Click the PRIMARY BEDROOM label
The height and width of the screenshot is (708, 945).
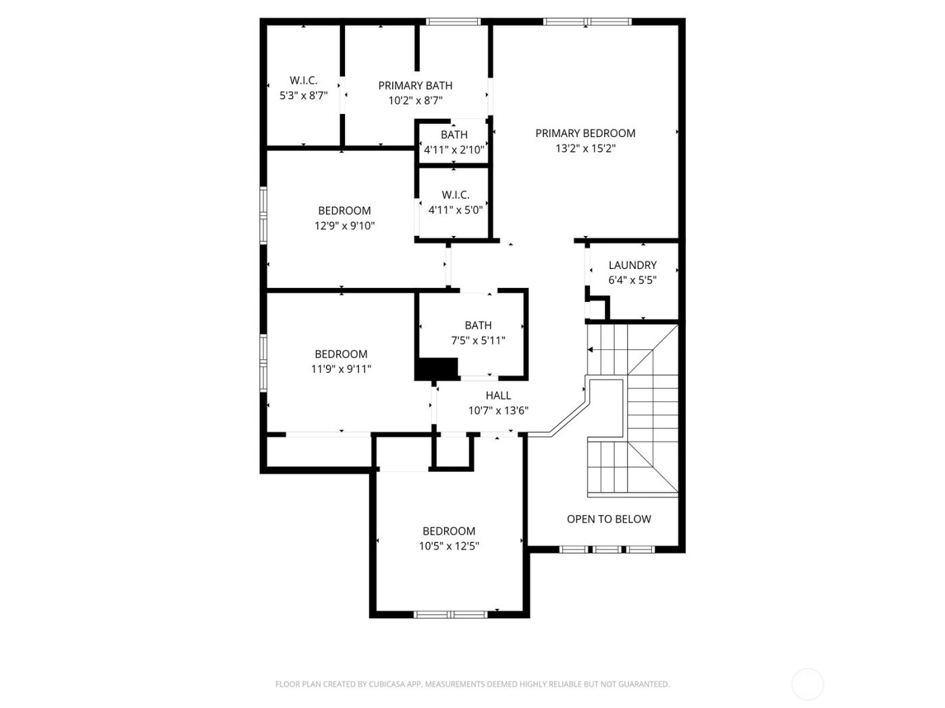585,134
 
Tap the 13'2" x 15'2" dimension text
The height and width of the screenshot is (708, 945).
585,149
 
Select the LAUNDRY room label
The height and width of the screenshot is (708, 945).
632,266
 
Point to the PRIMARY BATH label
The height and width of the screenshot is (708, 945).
415,86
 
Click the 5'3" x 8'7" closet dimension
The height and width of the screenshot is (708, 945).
304,96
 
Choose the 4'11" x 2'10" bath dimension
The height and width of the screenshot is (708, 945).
454,150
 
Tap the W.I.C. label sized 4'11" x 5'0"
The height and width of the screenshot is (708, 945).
456,195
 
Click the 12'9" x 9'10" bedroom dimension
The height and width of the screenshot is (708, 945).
344,226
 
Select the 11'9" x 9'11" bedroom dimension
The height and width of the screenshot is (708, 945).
341,369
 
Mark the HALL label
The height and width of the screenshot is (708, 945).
498,396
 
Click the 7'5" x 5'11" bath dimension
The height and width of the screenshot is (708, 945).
478,341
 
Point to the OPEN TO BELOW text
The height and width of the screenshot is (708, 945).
609,519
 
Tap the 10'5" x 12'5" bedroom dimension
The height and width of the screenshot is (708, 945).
449,546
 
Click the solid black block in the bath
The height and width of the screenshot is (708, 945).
437,369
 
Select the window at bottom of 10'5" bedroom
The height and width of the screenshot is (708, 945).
451,614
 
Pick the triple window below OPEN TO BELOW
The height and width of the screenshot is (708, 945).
607,550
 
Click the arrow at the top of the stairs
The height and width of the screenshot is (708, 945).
591,350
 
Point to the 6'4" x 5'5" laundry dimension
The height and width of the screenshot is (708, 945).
632,281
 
